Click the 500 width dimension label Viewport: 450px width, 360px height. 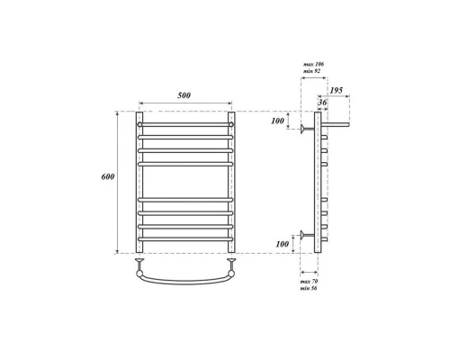point(184,95)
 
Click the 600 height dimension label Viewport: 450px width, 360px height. point(108,176)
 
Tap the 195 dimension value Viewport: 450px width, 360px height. point(337,90)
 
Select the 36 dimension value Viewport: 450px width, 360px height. point(322,103)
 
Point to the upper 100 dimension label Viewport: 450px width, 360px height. point(277,121)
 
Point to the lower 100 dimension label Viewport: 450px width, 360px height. point(283,244)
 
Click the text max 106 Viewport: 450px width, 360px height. point(313,64)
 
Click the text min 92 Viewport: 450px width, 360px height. point(312,71)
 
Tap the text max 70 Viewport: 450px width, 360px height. point(309,282)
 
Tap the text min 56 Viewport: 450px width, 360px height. point(309,288)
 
